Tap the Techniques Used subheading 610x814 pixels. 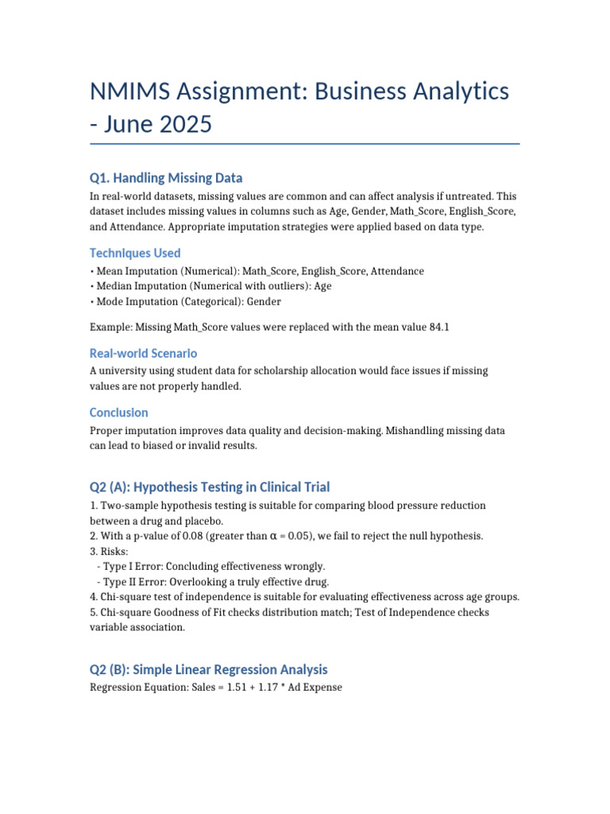[135, 253]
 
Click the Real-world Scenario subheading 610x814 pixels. [143, 353]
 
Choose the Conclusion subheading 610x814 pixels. [119, 413]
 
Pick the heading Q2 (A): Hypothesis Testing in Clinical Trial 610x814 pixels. [210, 486]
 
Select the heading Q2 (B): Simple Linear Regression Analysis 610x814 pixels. [209, 669]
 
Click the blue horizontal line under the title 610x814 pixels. [305, 144]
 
